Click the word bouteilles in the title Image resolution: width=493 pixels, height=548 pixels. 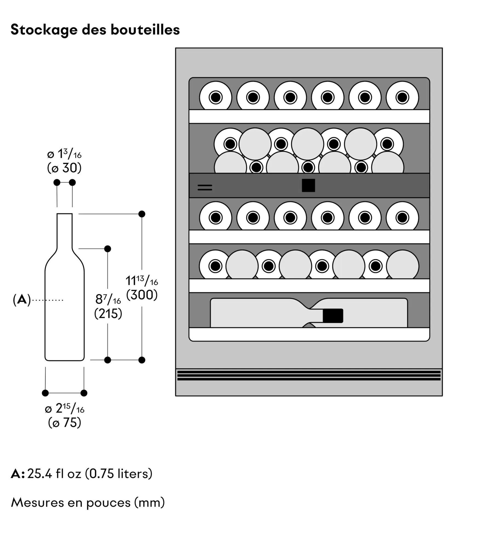coord(145,30)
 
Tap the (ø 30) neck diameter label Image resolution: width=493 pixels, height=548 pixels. coord(64,168)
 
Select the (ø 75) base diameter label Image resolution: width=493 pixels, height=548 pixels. coord(65,423)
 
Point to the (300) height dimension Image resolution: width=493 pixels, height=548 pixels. coord(142,295)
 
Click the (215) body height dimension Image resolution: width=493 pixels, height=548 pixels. coord(108,313)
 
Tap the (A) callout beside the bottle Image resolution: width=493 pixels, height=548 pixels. coord(22,300)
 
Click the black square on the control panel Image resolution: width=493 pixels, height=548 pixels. coord(308,185)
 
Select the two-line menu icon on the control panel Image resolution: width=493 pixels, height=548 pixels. coord(205,188)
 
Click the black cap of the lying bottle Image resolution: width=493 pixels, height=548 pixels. coord(333,316)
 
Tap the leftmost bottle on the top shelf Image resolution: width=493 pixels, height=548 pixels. coord(216,97)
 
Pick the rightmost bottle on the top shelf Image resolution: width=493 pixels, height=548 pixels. coord(402,97)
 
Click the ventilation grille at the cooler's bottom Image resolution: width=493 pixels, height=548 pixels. coord(309,375)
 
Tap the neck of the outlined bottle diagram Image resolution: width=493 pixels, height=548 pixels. coord(65,230)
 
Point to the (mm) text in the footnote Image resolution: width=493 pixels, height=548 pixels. coord(149,503)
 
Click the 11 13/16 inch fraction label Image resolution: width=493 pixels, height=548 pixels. coord(142,281)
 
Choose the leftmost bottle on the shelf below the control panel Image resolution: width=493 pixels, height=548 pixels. coord(216,218)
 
